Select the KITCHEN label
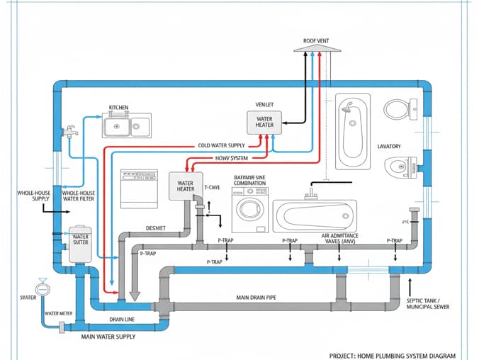pos(118,108)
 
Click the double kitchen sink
pos(126,126)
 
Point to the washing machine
pos(249,210)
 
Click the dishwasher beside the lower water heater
pos(139,189)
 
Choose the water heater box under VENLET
pos(264,122)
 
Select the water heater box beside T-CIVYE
pos(186,186)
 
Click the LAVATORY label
pos(389,146)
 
